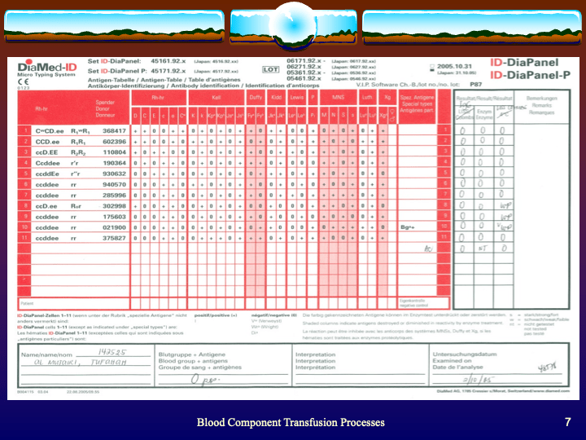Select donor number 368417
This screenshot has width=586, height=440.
pos(114,130)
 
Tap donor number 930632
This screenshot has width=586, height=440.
pos(114,174)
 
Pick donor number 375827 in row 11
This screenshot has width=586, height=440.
pos(114,238)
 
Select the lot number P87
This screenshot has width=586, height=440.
pos(474,83)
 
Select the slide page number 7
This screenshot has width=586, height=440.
pos(567,422)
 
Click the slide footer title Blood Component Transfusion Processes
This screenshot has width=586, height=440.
pos(291,422)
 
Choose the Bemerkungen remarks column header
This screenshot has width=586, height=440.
pos(540,101)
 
